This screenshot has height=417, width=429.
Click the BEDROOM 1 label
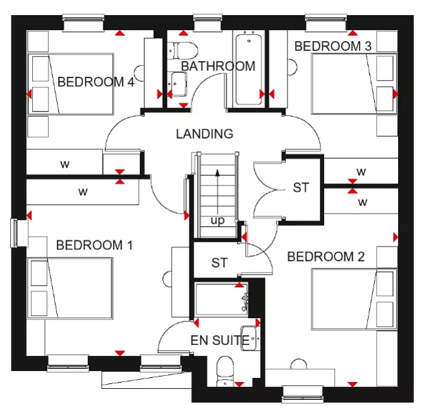tap(94, 245)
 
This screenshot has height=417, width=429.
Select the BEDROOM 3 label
tap(333, 46)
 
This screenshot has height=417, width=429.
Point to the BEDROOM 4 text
tap(95, 82)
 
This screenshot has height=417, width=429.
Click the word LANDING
tap(204, 134)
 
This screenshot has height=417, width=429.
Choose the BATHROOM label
tap(218, 66)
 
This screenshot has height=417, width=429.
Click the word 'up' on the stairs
tap(217, 221)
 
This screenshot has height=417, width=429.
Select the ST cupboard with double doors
tap(301, 188)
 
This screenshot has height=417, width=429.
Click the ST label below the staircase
tap(219, 262)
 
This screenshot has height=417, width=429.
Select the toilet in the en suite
tap(225, 372)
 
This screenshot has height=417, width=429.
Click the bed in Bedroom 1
tap(70, 289)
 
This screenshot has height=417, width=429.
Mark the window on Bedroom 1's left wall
tap(14, 232)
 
